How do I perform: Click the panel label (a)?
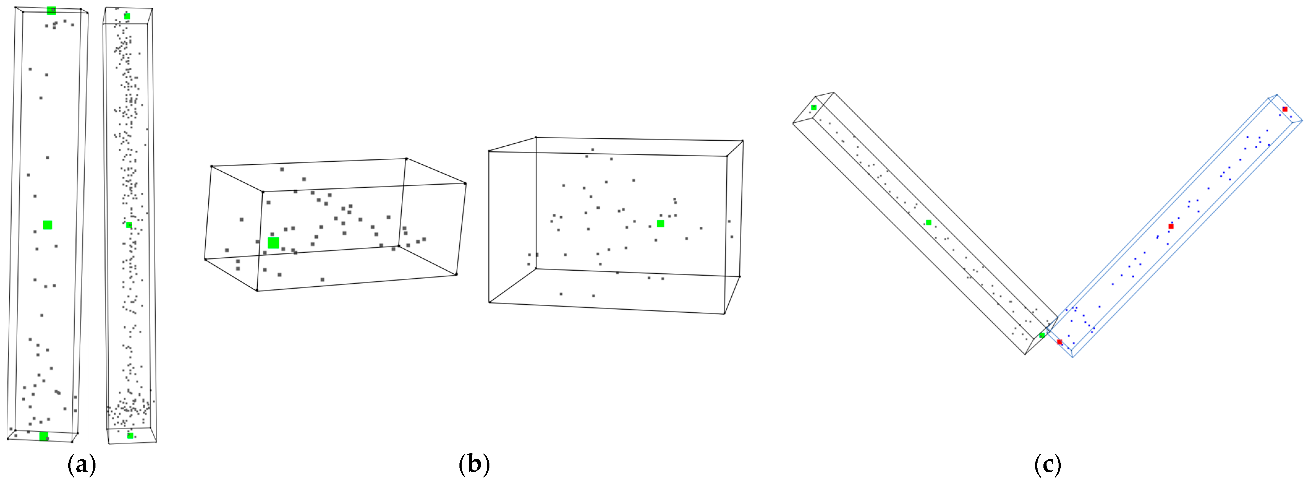[82, 464]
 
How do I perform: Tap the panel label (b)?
[474, 464]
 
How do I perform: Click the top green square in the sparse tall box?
[51, 11]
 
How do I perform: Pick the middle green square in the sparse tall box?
[47, 225]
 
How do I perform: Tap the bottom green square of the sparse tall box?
[44, 436]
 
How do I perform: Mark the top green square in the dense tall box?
[127, 16]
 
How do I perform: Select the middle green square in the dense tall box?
[129, 225]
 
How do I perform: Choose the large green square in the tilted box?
[273, 243]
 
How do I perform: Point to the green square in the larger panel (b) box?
[660, 223]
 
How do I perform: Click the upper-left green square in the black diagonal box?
[814, 107]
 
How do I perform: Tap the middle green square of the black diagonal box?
[928, 222]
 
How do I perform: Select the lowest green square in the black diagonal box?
[1042, 335]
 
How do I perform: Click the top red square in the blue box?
[1285, 109]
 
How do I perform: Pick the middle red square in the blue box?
[1171, 226]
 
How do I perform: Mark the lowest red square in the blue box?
[1060, 342]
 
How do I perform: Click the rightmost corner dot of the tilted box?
[465, 183]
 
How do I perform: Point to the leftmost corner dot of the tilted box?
[205, 260]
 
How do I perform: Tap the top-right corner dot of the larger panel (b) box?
[742, 141]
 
